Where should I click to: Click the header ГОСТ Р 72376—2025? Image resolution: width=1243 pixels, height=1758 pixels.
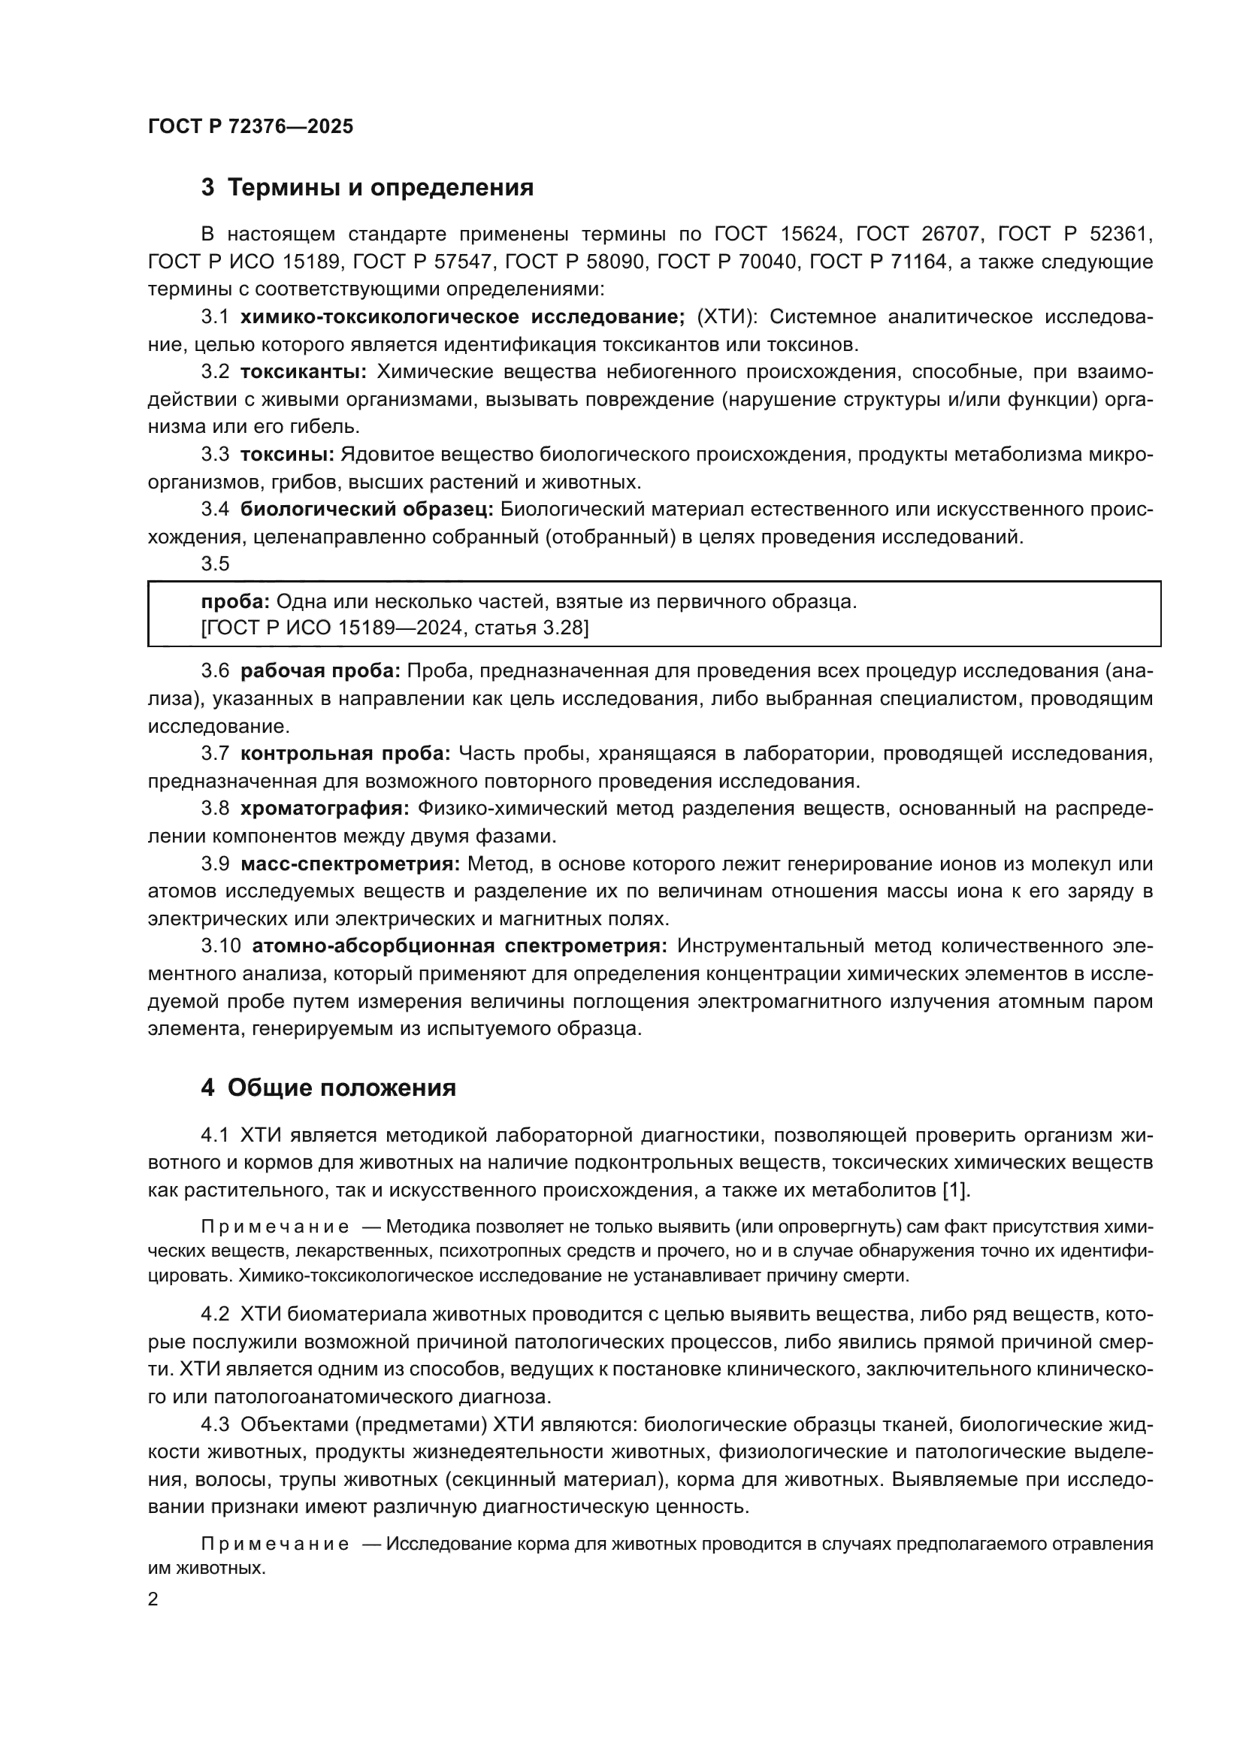[250, 127]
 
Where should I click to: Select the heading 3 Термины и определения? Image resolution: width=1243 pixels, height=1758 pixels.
[367, 187]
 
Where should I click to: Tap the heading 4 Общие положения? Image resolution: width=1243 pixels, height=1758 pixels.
[328, 1088]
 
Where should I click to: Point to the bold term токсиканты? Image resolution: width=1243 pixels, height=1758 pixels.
[304, 372]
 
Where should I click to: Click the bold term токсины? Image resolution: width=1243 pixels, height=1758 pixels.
[287, 455]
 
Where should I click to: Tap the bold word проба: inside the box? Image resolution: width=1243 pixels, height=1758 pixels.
[235, 602]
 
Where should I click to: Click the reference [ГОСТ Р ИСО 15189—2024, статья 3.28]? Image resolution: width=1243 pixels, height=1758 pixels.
[395, 628]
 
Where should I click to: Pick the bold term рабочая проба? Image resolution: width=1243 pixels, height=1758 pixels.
[320, 671]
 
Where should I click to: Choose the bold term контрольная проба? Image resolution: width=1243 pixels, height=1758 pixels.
[345, 754]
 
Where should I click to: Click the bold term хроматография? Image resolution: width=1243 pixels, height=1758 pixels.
[325, 809]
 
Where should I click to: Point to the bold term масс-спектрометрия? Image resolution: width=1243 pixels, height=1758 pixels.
[349, 864]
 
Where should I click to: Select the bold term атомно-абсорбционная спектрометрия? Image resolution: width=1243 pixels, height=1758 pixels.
[459, 946]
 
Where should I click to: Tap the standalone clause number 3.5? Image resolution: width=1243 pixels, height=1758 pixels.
[215, 564]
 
